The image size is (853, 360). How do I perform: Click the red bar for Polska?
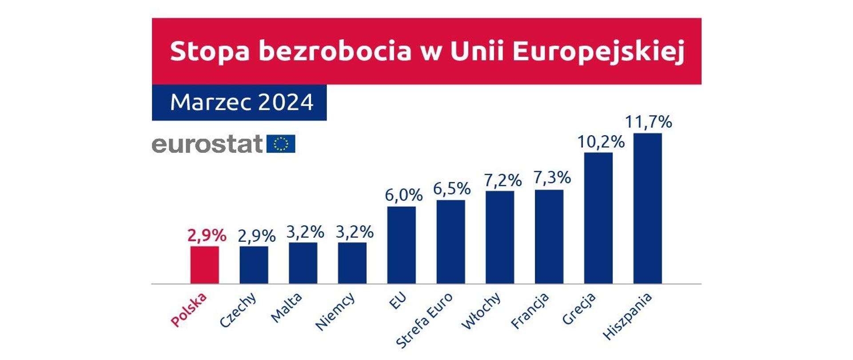click(204, 265)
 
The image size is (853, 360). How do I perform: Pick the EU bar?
click(401, 245)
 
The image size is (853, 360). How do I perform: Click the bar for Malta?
click(303, 263)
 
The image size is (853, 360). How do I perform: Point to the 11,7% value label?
click(648, 122)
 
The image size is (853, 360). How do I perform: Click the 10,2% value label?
click(601, 142)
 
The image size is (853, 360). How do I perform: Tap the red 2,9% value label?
click(207, 235)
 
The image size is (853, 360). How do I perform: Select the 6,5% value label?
click(451, 189)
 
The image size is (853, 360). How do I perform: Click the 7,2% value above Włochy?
click(502, 180)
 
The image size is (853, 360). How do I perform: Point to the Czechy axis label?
click(238, 310)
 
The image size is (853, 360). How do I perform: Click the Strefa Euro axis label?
click(424, 320)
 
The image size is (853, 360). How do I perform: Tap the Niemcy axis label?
click(335, 312)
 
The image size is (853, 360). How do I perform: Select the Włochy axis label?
click(481, 311)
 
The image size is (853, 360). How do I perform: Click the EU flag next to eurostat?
click(281, 144)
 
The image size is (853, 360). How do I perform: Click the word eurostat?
click(207, 144)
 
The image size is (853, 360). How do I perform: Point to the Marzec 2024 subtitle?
click(242, 103)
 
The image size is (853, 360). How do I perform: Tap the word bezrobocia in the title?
click(335, 51)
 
